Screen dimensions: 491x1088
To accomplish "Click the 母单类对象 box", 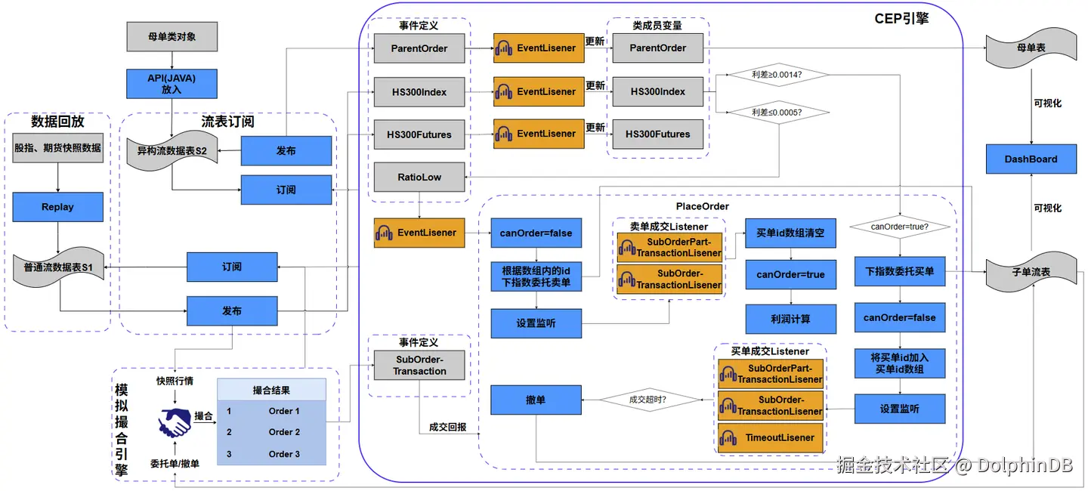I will pos(172,37).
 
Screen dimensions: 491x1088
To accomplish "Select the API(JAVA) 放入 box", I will pos(172,84).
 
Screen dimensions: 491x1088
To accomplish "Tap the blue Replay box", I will pos(57,207).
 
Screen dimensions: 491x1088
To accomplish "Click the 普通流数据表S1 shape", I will pos(57,267).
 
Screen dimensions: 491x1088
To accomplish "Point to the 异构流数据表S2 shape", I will pos(172,151).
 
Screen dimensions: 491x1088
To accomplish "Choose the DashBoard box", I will pos(1031,159).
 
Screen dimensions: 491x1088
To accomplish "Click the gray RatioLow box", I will pos(419,178).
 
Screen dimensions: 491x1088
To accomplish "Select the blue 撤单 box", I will pos(536,400).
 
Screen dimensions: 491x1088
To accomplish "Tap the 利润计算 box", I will pos(790,320).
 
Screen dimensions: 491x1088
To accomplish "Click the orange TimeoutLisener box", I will pos(770,438).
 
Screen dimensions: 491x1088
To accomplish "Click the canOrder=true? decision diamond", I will pos(899,226).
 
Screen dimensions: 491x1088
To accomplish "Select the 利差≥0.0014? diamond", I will pos(777,75).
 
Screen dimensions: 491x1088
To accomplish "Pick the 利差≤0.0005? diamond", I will pos(777,113).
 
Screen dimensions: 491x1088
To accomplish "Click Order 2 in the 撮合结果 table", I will pos(284,432).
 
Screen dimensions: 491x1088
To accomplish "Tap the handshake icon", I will pos(175,422).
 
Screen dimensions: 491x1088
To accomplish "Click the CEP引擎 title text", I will pos(901,19).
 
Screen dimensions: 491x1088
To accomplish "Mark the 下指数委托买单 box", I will pos(899,271).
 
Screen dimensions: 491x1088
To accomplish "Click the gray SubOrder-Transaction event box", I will pos(419,365).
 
